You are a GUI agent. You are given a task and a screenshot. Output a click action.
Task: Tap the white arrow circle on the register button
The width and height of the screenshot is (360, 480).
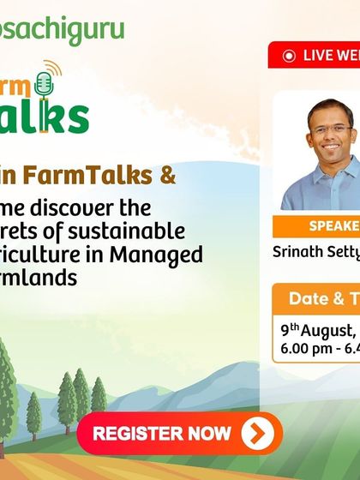pyautogui.click(x=256, y=434)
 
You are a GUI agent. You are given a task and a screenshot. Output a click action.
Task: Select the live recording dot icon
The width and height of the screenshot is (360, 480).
pyautogui.click(x=288, y=56)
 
